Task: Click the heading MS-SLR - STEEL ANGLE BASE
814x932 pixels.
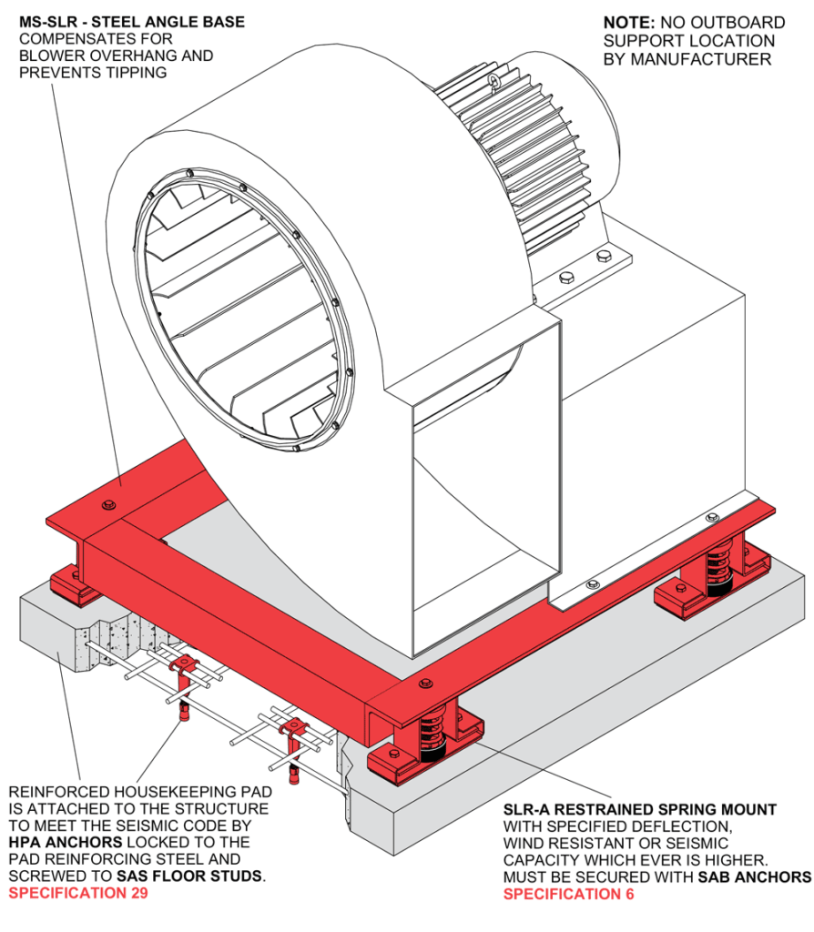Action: [x=132, y=22]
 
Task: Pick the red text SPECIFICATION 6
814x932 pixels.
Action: [x=569, y=894]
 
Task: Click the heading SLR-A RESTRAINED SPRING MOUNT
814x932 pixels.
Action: [x=640, y=808]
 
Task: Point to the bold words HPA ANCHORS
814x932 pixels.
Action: [x=66, y=842]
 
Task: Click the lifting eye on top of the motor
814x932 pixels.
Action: [x=494, y=84]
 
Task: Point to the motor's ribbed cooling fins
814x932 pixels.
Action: [x=510, y=137]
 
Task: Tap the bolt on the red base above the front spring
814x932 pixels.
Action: [x=422, y=683]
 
